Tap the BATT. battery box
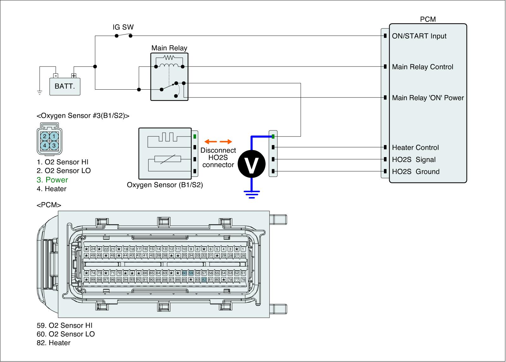pos(65,86)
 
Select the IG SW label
pos(123,27)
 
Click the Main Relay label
pos(169,48)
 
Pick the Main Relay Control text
pos(423,67)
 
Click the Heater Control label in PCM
pos(415,148)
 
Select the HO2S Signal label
pos(414,160)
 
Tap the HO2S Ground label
pos(416,172)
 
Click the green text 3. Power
pos(52,180)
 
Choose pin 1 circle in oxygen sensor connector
pos(54,137)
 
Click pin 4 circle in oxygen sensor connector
pos(45,145)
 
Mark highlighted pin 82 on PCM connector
pos(204,280)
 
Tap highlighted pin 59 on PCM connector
pos(191,273)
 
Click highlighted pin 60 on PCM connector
pos(184,273)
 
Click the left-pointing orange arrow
pos(209,142)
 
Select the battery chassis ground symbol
pos(40,93)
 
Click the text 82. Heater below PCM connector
pos(53,343)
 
